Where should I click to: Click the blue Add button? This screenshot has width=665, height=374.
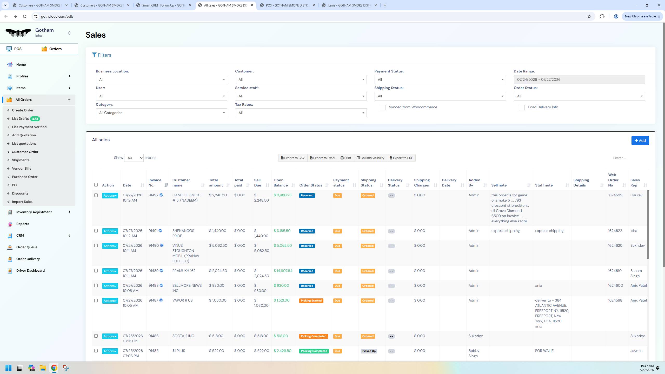pyautogui.click(x=640, y=141)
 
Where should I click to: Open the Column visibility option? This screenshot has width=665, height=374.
pyautogui.click(x=370, y=158)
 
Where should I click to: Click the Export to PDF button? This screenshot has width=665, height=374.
pyautogui.click(x=401, y=158)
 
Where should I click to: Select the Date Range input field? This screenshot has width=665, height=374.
pyautogui.click(x=579, y=79)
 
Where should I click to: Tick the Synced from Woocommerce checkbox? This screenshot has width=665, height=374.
pyautogui.click(x=383, y=108)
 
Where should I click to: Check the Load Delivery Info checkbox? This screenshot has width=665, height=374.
pyautogui.click(x=522, y=108)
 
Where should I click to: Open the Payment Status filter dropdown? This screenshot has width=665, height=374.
pyautogui.click(x=440, y=79)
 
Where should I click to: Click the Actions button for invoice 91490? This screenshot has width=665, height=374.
pyautogui.click(x=110, y=246)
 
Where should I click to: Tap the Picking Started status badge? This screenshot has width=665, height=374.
pyautogui.click(x=311, y=301)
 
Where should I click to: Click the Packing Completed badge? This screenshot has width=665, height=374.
pyautogui.click(x=314, y=351)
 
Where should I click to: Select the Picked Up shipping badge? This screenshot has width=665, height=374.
pyautogui.click(x=369, y=351)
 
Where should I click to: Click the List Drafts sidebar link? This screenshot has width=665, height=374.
pyautogui.click(x=20, y=119)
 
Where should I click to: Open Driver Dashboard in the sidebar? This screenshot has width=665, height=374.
pyautogui.click(x=30, y=270)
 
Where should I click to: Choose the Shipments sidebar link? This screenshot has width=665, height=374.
pyautogui.click(x=21, y=160)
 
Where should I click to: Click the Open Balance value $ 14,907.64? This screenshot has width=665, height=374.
pyautogui.click(x=283, y=271)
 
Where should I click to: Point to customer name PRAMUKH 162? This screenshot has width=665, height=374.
pyautogui.click(x=184, y=271)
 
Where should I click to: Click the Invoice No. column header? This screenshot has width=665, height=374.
pyautogui.click(x=155, y=183)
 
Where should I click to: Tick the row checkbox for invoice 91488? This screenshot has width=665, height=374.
pyautogui.click(x=96, y=286)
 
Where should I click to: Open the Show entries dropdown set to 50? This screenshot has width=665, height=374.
pyautogui.click(x=134, y=158)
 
